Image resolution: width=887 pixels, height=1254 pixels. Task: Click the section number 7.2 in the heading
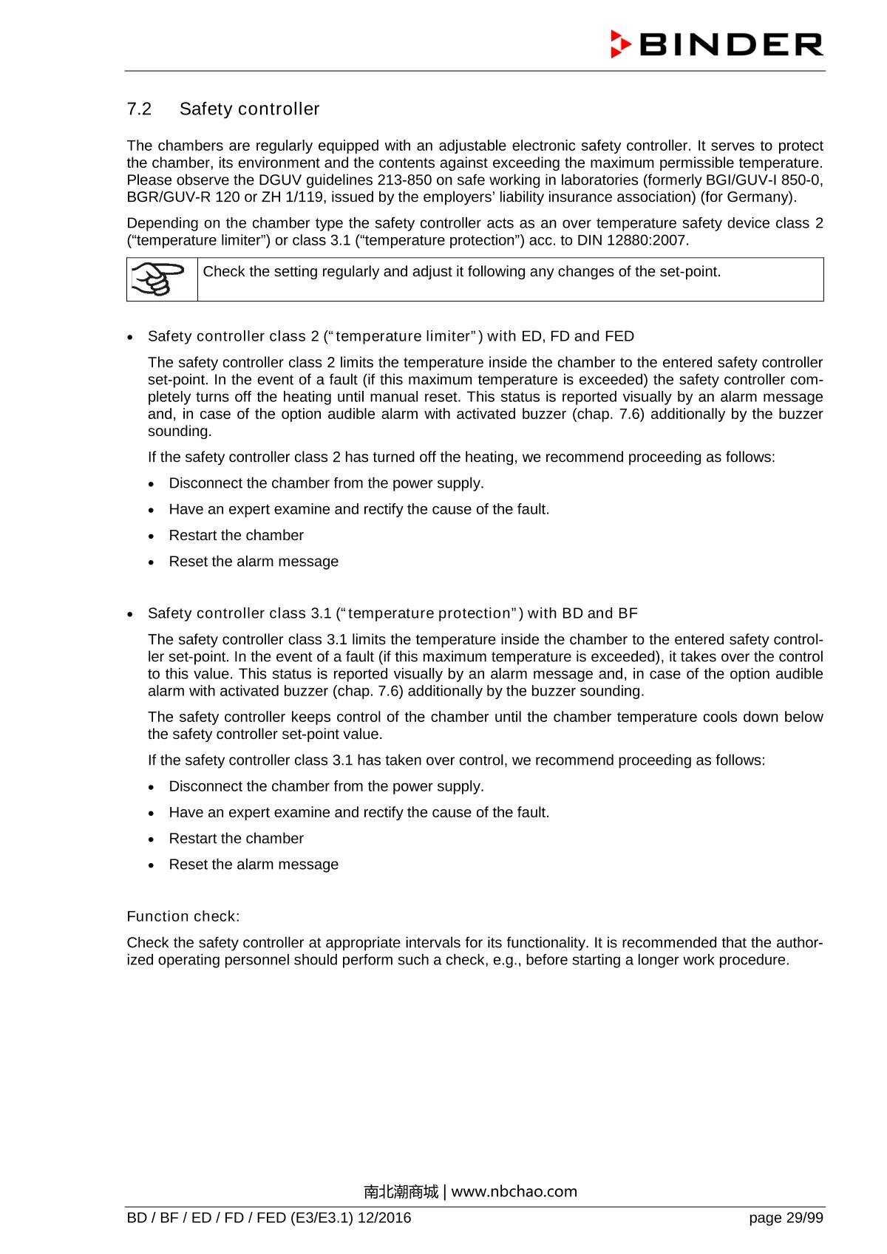coord(139,109)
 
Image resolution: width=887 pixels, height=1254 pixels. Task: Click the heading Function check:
coord(183,917)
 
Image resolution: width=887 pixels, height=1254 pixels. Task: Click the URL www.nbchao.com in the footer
coord(514,1191)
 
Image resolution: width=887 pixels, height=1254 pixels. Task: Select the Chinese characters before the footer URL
coord(401,1191)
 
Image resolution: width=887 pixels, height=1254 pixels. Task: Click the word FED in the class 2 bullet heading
coord(619,337)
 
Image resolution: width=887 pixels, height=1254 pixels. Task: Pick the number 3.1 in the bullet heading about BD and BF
coord(320,613)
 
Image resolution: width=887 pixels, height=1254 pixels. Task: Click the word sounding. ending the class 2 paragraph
coord(180,432)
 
